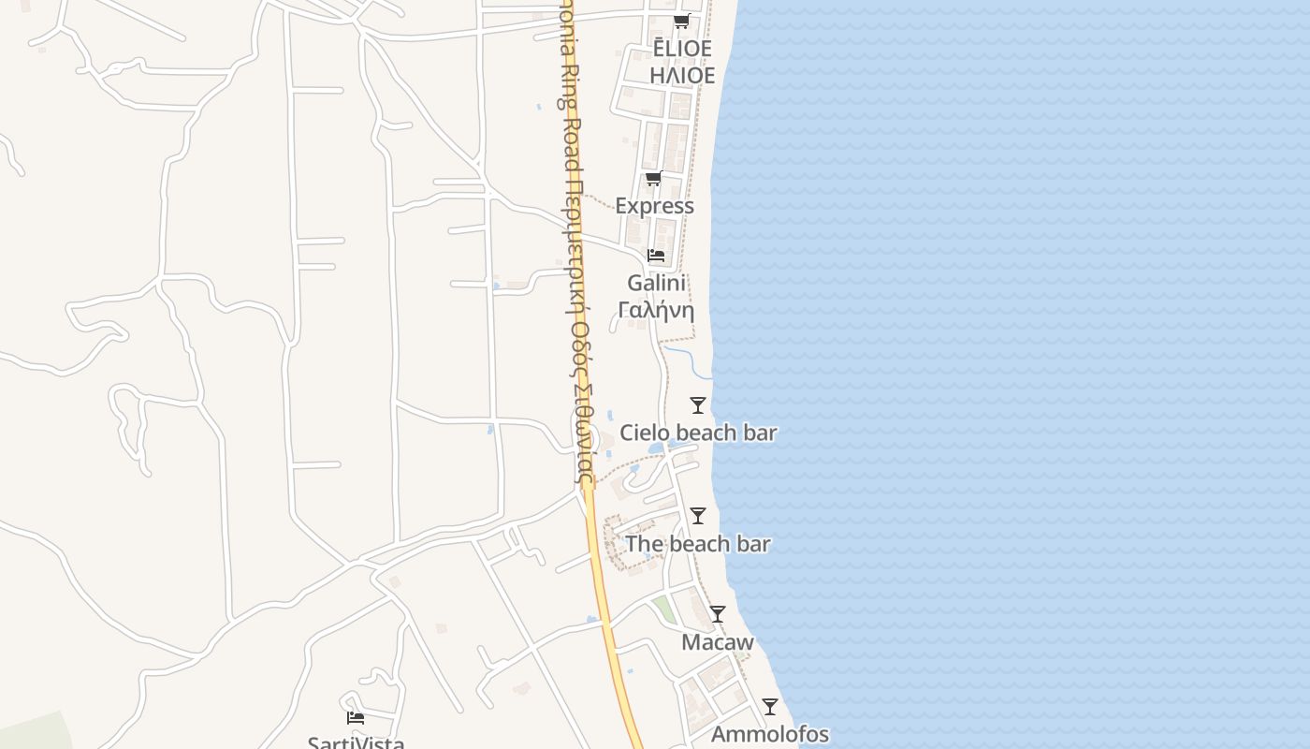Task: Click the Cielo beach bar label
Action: [x=698, y=433]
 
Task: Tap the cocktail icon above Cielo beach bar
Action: [x=698, y=405]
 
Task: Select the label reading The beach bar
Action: [x=698, y=544]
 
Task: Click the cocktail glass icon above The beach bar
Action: [x=698, y=516]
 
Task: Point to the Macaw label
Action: [x=718, y=642]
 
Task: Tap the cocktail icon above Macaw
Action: [x=718, y=614]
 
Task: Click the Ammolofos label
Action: [x=770, y=734]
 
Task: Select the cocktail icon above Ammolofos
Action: [x=770, y=707]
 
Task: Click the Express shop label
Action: [x=655, y=206]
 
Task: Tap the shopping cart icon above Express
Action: [x=654, y=179]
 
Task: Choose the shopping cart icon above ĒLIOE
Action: [x=682, y=22]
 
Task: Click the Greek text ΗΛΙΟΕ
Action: [x=682, y=76]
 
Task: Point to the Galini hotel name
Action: [x=657, y=283]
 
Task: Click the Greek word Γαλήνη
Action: [x=657, y=310]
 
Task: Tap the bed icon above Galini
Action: [x=656, y=255]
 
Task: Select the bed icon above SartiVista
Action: [x=356, y=718]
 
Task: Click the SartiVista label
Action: [x=357, y=742]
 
